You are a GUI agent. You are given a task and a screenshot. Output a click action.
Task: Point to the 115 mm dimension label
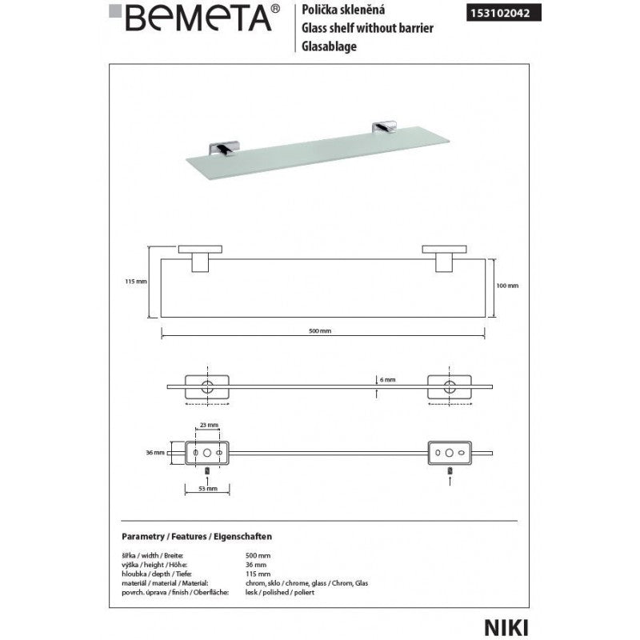point(137,281)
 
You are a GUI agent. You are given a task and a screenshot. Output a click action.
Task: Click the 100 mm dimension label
point(508,286)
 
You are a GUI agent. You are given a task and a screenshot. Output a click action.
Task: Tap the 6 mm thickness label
point(386,380)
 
